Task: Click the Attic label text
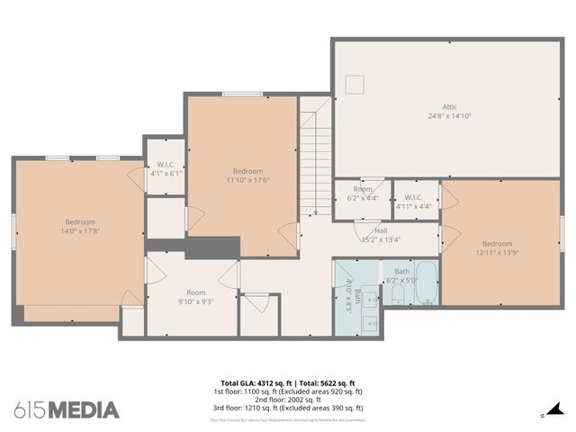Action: (449, 106)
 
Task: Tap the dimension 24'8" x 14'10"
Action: (449, 116)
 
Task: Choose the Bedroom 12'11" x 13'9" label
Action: (496, 248)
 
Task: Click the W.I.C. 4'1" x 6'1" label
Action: (166, 168)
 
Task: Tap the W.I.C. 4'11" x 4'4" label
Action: (414, 201)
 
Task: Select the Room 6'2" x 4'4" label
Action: (363, 193)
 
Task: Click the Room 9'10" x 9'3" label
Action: (195, 297)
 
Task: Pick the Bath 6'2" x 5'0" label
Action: (401, 275)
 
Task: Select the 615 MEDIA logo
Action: (67, 409)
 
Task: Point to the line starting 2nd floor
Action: (288, 400)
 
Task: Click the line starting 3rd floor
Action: (288, 409)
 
